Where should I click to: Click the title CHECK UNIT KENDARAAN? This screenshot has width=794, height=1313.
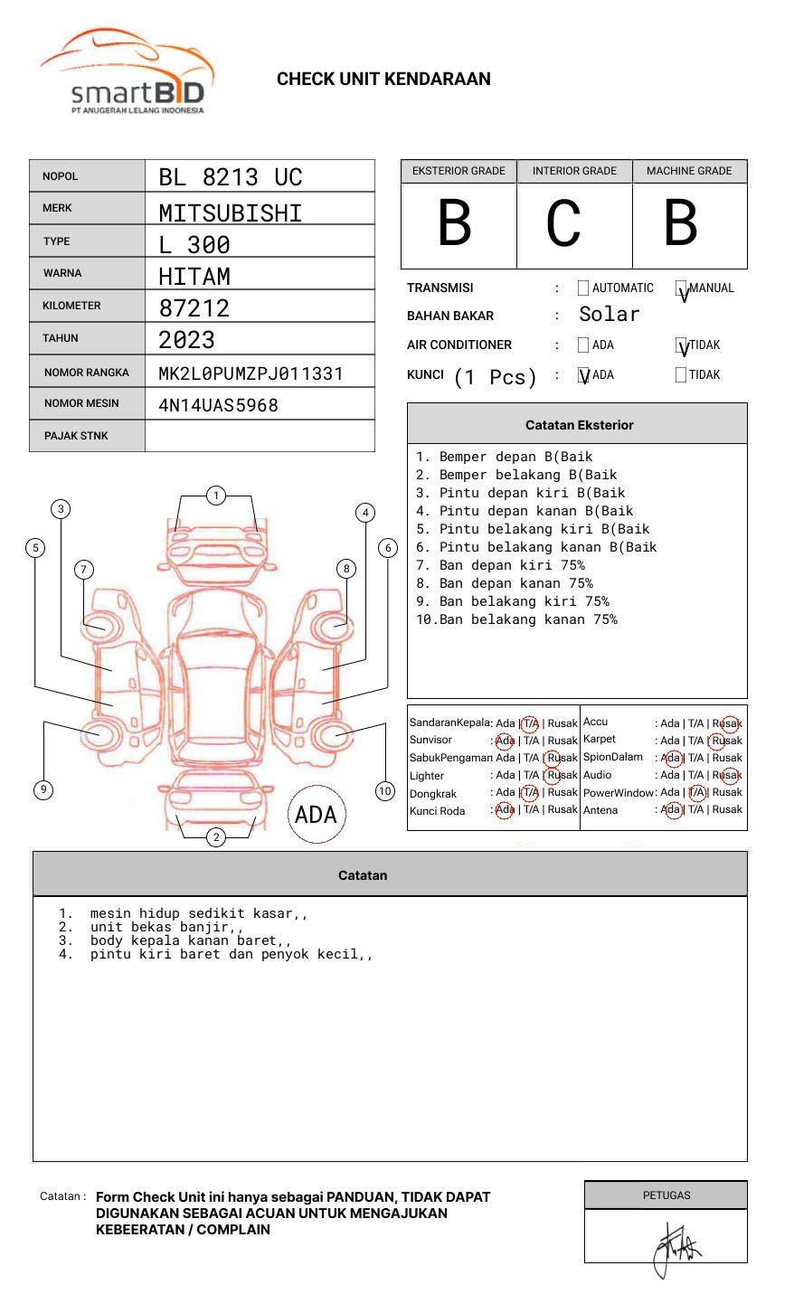point(383,80)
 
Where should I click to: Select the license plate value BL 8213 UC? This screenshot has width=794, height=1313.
point(231,177)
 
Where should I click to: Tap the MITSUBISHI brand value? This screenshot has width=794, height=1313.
point(231,213)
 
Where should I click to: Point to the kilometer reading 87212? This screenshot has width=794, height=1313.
point(194,308)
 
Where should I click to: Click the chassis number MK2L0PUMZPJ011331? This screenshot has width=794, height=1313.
point(250,373)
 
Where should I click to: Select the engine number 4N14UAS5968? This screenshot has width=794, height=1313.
point(218,405)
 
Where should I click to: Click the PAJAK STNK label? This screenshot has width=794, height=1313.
point(76,436)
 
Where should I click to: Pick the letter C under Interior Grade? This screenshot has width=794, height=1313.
point(564,224)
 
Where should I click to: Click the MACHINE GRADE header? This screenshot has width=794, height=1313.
point(689,171)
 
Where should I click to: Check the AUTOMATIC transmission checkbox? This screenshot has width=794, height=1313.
point(583,288)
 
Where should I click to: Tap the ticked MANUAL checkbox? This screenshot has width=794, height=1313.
point(681,289)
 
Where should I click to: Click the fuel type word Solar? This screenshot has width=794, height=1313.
point(609,315)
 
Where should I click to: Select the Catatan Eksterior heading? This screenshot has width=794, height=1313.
point(579,425)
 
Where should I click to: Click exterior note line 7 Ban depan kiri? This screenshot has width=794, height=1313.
point(500,565)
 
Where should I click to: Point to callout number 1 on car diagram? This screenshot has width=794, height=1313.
point(215,495)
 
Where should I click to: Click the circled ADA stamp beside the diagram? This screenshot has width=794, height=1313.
point(316,815)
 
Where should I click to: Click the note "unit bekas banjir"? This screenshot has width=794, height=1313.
point(166,927)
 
